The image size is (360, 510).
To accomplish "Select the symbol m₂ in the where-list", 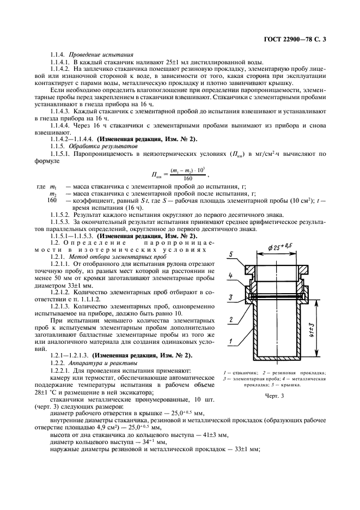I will pos(53,193).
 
